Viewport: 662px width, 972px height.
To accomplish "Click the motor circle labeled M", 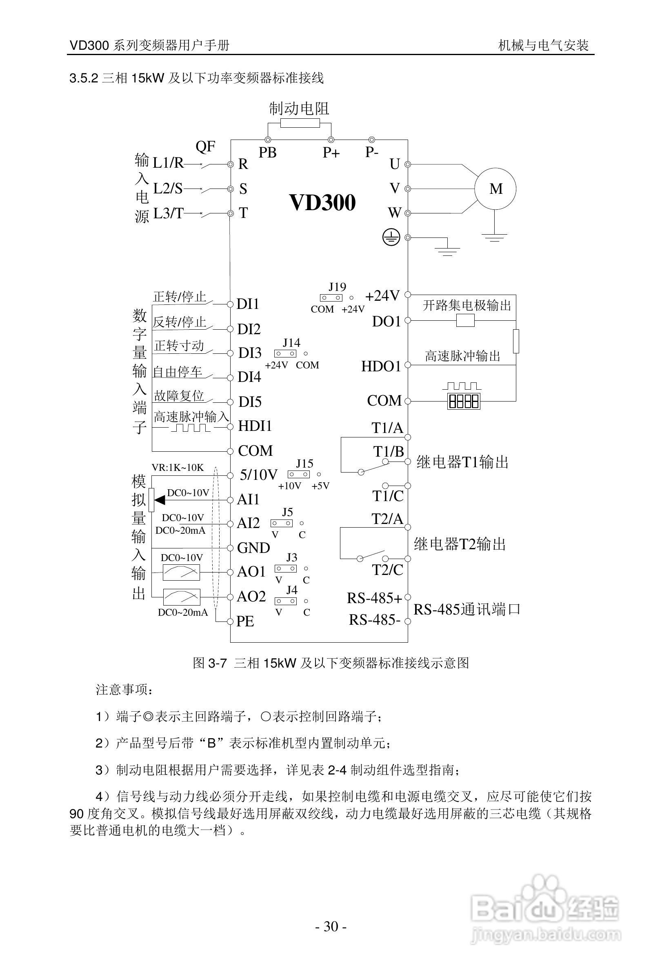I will (x=495, y=189).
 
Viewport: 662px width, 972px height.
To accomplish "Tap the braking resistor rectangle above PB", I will (x=300, y=122).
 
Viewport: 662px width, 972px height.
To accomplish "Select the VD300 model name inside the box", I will (x=322, y=202).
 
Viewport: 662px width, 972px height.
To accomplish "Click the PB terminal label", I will (x=268, y=153).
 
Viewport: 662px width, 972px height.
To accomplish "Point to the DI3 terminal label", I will (x=250, y=353).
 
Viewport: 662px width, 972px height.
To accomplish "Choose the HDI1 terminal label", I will (x=255, y=426).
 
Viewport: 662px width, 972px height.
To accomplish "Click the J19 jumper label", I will (x=337, y=287).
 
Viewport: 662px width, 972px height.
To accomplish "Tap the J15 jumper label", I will (x=304, y=464).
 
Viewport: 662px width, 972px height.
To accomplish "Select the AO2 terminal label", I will (x=251, y=597).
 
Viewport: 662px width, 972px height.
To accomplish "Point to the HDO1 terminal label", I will (x=381, y=366).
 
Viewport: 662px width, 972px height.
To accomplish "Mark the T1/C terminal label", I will (x=388, y=496).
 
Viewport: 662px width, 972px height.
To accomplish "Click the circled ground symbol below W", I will (x=391, y=237).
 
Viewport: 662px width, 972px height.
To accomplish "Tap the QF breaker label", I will (x=205, y=146).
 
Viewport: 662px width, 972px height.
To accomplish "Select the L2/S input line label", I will (x=168, y=189).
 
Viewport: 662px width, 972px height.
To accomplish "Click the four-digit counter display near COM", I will (x=463, y=402).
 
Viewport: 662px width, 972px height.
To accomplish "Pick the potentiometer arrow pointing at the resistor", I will (x=160, y=499).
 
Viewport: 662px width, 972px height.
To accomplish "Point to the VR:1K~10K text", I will (x=178, y=468).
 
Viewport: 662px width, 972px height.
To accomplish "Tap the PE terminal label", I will (x=245, y=621).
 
